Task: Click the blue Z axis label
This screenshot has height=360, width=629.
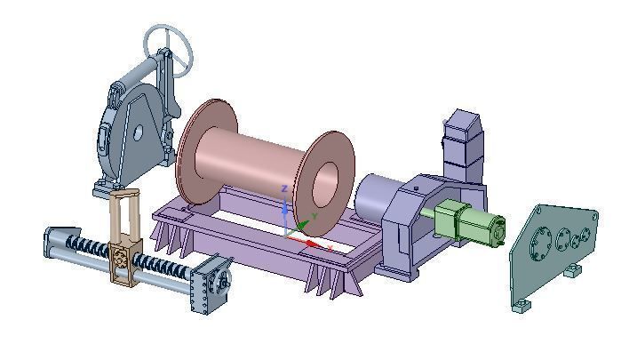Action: click(283, 189)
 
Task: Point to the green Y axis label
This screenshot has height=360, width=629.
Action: click(314, 217)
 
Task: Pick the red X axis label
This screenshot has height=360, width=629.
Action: click(330, 249)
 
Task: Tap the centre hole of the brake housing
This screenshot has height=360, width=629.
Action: click(138, 134)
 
